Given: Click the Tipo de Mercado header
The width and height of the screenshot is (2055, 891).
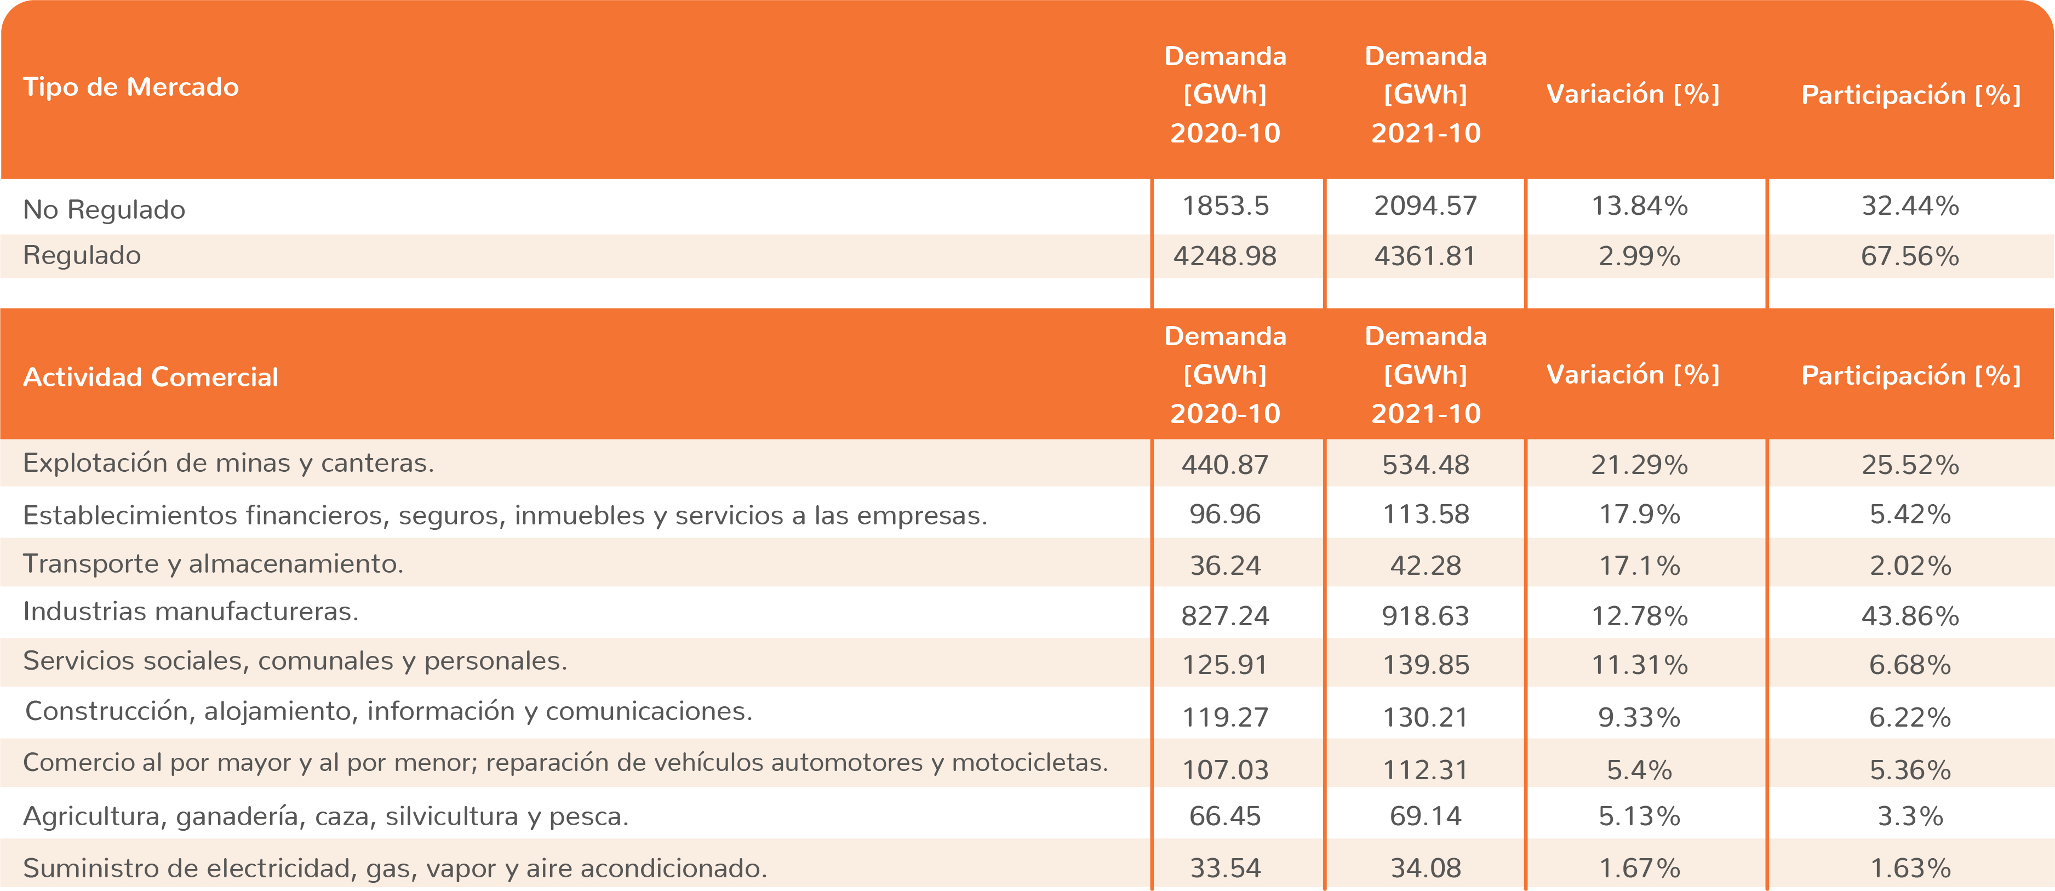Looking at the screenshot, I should pyautogui.click(x=131, y=87).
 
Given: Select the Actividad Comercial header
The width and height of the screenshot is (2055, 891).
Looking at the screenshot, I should pyautogui.click(x=151, y=376).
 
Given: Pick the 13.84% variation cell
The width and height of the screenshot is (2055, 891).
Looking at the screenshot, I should pyautogui.click(x=1639, y=207).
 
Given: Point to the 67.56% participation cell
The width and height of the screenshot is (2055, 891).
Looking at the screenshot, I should pyautogui.click(x=1910, y=256).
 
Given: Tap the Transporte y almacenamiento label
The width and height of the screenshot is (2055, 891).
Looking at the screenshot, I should pyautogui.click(x=213, y=564).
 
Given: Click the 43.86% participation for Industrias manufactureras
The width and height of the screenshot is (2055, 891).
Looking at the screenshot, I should pyautogui.click(x=1910, y=616).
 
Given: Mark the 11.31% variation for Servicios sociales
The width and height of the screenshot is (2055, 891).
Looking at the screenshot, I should pyautogui.click(x=1639, y=665).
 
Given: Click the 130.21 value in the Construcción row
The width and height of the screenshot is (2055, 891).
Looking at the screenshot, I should pyautogui.click(x=1426, y=717).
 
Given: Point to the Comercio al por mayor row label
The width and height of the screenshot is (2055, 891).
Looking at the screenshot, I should pyautogui.click(x=565, y=763).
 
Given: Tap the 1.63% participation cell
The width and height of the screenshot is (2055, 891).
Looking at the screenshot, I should pyautogui.click(x=1910, y=868).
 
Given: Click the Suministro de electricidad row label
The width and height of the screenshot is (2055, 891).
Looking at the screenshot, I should pyautogui.click(x=395, y=868).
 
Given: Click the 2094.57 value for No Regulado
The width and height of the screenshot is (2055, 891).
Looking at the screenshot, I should pyautogui.click(x=1426, y=207).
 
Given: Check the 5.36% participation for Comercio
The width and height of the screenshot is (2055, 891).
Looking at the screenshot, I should pyautogui.click(x=1910, y=770).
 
